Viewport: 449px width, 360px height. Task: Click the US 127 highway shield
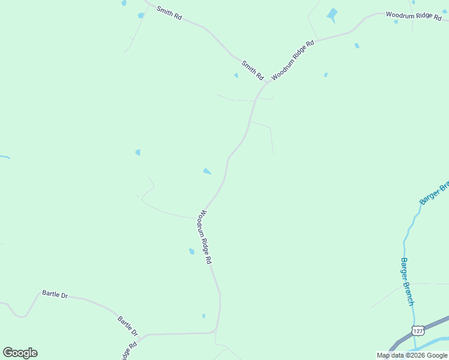point(418,331)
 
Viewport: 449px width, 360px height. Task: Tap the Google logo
point(20,353)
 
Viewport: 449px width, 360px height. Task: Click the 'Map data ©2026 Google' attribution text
point(412,355)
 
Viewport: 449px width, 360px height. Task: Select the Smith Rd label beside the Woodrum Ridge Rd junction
point(253,71)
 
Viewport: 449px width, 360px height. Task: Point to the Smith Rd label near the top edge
point(169,13)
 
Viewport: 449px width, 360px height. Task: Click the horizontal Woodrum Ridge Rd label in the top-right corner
point(413,16)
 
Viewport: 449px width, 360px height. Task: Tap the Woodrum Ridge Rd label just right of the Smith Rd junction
point(293,61)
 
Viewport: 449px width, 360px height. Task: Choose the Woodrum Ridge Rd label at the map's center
point(205,237)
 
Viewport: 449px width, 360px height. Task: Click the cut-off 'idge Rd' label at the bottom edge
point(130,350)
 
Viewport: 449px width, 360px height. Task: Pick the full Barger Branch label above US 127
point(407,281)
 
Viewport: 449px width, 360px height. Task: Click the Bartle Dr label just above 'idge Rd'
point(128,326)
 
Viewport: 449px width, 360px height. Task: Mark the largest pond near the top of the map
point(332,14)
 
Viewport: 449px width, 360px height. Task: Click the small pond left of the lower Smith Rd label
point(236,76)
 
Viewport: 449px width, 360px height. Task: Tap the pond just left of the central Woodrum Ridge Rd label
point(191,251)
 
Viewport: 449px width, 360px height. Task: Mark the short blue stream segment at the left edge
point(5,157)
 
